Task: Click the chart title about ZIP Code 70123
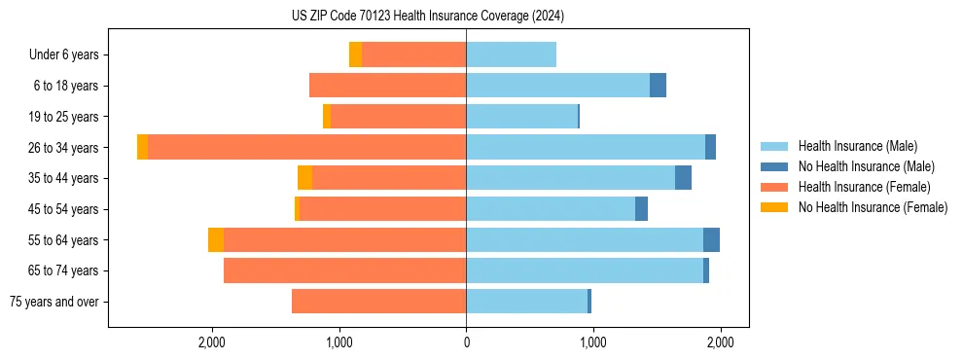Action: click(427, 16)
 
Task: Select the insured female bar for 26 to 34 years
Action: click(306, 147)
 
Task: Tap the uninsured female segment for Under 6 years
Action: click(355, 54)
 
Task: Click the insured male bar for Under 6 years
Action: click(511, 54)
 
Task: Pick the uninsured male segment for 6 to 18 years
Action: click(658, 86)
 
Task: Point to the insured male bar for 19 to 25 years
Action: click(521, 117)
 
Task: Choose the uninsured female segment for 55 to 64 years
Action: click(216, 240)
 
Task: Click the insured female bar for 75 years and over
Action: click(378, 302)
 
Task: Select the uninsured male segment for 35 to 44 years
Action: click(683, 178)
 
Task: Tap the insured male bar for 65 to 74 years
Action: click(584, 270)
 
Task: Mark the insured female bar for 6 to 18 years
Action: click(387, 86)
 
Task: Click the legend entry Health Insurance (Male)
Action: click(857, 146)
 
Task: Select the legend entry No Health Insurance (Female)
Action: click(873, 207)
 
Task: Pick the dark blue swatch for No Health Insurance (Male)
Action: click(774, 166)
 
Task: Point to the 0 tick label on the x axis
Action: click(466, 342)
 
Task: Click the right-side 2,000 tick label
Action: click(720, 342)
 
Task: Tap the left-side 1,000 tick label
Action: click(339, 342)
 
